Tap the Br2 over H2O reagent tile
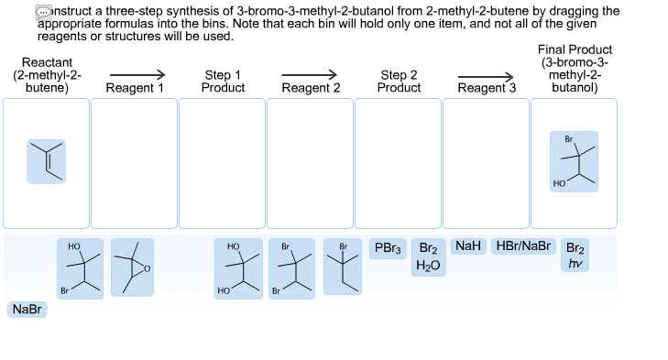click(428, 256)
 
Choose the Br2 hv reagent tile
click(575, 256)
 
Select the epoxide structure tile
click(133, 267)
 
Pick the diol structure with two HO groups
click(235, 267)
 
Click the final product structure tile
click(574, 161)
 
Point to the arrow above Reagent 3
click(486, 76)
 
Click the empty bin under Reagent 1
click(134, 163)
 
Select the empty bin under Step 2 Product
click(398, 163)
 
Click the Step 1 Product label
click(224, 82)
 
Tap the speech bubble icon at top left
click(44, 11)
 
